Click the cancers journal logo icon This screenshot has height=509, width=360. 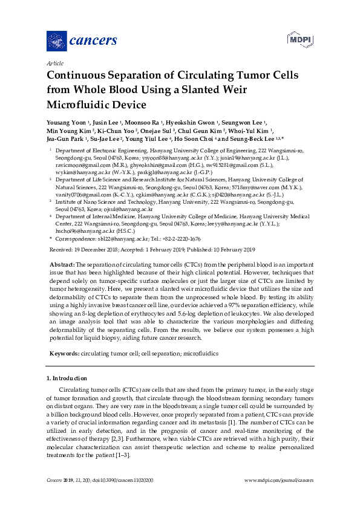point(56,41)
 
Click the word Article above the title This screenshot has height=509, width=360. point(54,63)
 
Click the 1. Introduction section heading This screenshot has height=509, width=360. point(70,378)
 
